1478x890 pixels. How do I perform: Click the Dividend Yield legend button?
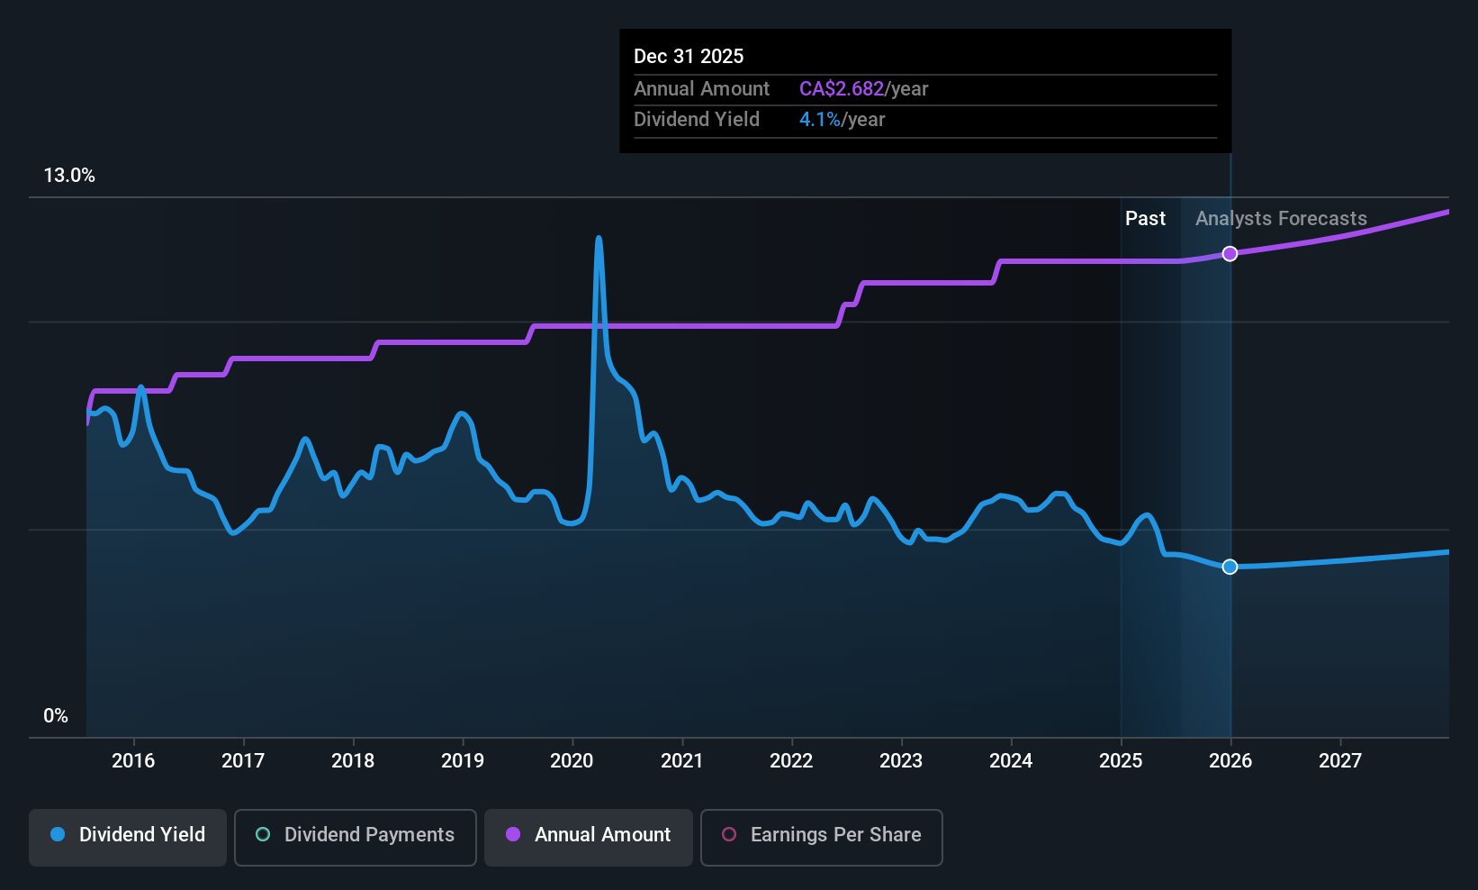pos(127,835)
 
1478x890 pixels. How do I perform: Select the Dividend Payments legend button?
pos(355,835)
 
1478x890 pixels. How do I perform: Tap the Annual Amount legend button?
pos(588,835)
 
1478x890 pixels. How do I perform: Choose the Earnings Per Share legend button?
pos(821,835)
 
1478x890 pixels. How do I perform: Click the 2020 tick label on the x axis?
pos(572,761)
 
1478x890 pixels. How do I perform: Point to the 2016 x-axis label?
pos(133,761)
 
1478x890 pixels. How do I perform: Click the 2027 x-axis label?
pos(1339,761)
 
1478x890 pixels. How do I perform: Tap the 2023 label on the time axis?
pos(901,761)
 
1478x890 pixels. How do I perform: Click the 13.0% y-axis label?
pos(69,176)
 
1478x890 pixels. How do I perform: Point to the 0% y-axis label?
pos(56,716)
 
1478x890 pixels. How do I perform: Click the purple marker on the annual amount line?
pos(1230,254)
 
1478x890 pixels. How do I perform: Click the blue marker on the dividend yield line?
pos(1230,567)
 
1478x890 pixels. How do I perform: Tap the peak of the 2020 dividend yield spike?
pos(599,239)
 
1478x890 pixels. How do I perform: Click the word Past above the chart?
pos(1145,219)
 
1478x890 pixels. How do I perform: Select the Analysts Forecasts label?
pos(1280,219)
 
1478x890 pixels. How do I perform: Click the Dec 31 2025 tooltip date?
pos(689,57)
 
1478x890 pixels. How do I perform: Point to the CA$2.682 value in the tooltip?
pos(842,89)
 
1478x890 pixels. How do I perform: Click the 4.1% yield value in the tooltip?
pos(819,120)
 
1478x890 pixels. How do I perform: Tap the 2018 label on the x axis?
pos(353,761)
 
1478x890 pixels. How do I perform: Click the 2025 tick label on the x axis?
pos(1121,761)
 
